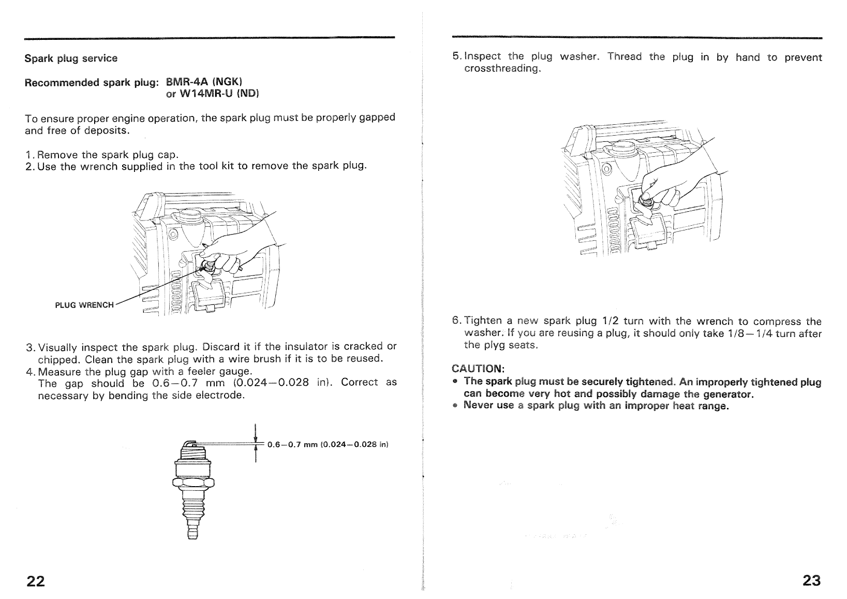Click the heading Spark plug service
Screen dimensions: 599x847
click(71, 59)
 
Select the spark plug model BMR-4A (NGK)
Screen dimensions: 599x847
click(204, 82)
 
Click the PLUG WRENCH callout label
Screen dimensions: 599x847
click(84, 305)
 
